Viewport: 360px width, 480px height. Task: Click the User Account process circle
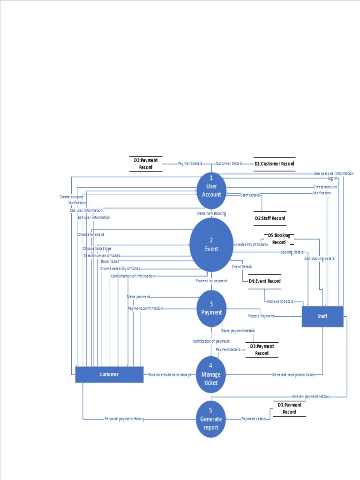pyautogui.click(x=211, y=190)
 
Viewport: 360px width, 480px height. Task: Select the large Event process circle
pyautogui.click(x=211, y=245)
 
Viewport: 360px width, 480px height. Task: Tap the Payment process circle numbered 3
pyautogui.click(x=211, y=308)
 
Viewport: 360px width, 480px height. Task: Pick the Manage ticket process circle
pyautogui.click(x=211, y=374)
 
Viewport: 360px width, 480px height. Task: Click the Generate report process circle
pyautogui.click(x=211, y=419)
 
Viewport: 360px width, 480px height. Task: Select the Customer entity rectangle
pyautogui.click(x=109, y=375)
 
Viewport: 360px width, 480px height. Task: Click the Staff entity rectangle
pyautogui.click(x=322, y=316)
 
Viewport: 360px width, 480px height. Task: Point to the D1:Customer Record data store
pyautogui.click(x=274, y=164)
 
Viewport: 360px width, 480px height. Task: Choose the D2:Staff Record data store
pyautogui.click(x=270, y=218)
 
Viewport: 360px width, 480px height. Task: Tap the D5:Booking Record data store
pyautogui.click(x=279, y=239)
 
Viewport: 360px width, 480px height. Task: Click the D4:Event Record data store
pyautogui.click(x=265, y=281)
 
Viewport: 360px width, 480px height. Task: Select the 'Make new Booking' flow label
pyautogui.click(x=211, y=214)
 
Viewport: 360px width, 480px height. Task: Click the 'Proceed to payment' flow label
pyautogui.click(x=211, y=281)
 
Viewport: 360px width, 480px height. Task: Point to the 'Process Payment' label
pyautogui.click(x=261, y=316)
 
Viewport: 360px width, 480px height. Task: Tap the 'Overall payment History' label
pyautogui.click(x=311, y=397)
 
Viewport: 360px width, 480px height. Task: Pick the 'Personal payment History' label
pyautogui.click(x=125, y=419)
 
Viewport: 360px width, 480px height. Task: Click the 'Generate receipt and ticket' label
pyautogui.click(x=294, y=375)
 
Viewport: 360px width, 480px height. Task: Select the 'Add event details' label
pyautogui.click(x=280, y=301)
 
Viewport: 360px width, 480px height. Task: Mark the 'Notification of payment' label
pyautogui.click(x=211, y=341)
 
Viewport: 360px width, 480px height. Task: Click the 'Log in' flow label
pyautogui.click(x=332, y=179)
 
